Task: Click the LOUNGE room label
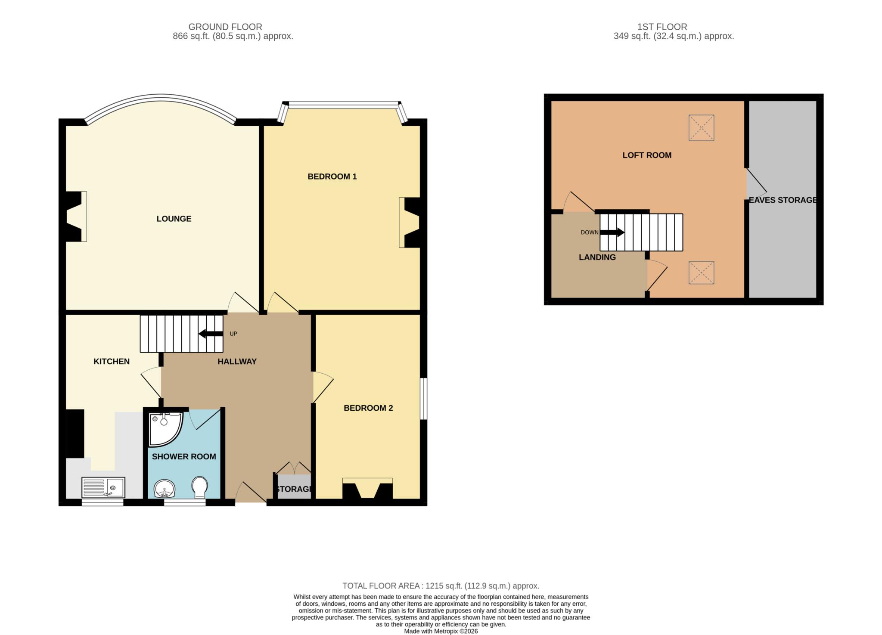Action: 174,219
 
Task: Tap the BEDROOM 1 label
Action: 332,177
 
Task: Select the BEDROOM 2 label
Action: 368,408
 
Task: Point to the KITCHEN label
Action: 112,362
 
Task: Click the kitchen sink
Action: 103,487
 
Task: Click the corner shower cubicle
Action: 165,429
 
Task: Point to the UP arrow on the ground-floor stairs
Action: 210,334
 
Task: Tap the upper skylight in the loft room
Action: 701,128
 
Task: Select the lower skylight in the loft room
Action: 701,273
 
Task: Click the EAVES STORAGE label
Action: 783,200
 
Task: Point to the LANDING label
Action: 597,257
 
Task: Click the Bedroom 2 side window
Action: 424,399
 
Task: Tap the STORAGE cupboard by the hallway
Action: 294,486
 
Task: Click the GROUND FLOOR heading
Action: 225,27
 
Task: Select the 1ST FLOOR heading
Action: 662,27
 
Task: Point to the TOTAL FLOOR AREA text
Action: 441,586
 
